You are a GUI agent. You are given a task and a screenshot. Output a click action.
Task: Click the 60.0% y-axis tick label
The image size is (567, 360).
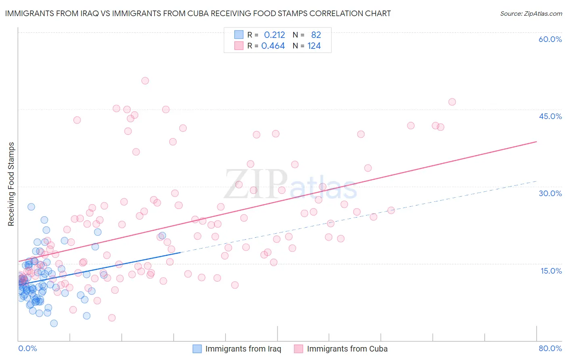click(x=550, y=39)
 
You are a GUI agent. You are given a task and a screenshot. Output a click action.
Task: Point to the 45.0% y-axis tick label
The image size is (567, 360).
click(x=550, y=116)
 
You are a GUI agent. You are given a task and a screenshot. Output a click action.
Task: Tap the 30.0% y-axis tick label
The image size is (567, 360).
click(x=550, y=193)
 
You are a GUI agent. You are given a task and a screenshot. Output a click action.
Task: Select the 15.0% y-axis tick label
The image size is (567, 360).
click(x=551, y=270)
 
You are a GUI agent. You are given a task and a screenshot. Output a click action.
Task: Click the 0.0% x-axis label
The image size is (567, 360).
click(x=27, y=348)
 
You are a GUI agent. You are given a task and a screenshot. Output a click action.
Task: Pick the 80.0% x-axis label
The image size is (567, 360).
click(x=550, y=348)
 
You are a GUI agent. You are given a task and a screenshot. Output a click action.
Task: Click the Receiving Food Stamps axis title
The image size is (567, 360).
click(x=11, y=184)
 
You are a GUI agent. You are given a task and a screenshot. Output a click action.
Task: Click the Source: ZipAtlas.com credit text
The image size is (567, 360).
click(x=531, y=13)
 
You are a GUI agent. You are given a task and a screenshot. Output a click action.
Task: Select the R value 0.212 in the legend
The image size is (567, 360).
click(x=274, y=35)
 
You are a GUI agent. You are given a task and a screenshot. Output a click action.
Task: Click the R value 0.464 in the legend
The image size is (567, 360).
click(x=273, y=46)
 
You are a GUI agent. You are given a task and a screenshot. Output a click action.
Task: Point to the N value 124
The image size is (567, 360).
click(x=314, y=46)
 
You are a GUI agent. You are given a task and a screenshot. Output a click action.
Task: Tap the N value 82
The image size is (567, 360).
click(x=316, y=35)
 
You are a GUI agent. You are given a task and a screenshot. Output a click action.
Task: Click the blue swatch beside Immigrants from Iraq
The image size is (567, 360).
click(x=197, y=349)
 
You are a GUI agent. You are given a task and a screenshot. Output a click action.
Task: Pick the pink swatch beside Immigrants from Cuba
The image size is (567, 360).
click(x=298, y=349)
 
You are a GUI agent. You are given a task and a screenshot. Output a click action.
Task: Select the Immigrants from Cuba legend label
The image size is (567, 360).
click(x=347, y=349)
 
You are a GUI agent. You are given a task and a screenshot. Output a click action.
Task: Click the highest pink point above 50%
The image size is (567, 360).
click(x=145, y=81)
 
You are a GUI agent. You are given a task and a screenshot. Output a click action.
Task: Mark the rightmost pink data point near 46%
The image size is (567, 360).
click(x=452, y=102)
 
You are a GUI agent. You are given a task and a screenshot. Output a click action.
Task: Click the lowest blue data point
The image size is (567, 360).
click(x=54, y=323)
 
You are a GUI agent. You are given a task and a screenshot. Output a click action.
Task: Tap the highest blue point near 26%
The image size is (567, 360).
click(x=31, y=207)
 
